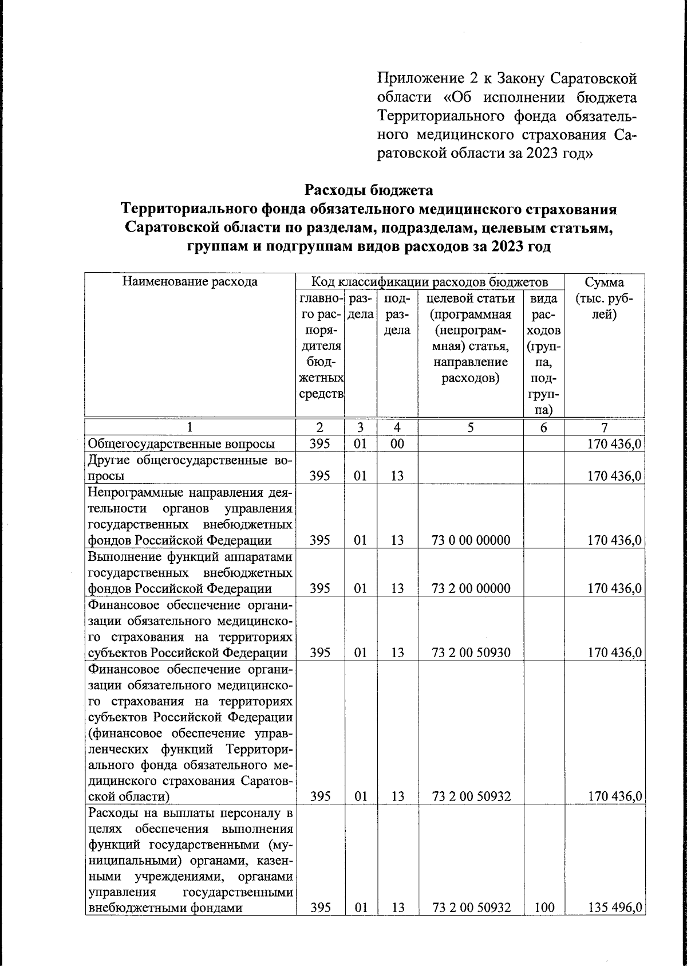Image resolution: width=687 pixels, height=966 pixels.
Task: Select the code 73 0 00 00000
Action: point(471,540)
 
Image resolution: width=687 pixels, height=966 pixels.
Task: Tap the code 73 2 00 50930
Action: point(471,653)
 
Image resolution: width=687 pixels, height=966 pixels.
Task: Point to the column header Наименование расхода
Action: point(189,281)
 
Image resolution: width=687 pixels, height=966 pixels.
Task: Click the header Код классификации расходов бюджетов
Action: point(429,281)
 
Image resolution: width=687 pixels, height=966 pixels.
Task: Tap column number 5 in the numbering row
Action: point(471,427)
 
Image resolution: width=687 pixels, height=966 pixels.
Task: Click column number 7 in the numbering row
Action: point(605,427)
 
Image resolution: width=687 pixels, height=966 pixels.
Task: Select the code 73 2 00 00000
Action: point(471,588)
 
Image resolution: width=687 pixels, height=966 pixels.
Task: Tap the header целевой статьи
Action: point(471,299)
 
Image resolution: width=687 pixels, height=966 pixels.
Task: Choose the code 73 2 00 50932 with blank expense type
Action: point(471,796)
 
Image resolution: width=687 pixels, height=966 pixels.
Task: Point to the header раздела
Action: point(361,307)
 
